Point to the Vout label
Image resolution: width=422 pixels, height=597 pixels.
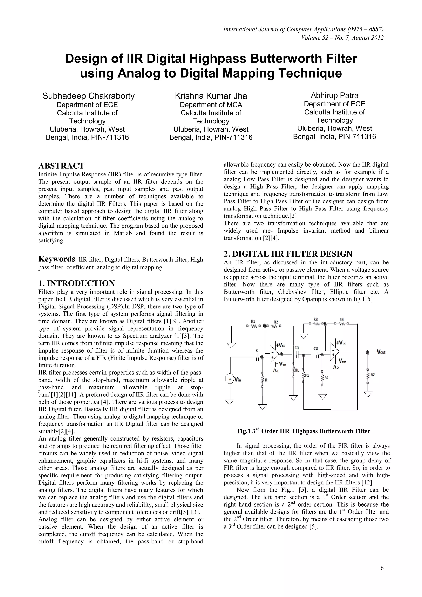[x=381, y=352]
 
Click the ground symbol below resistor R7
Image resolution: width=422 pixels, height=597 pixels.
[x=368, y=394]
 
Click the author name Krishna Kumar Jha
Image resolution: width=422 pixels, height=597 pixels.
[x=211, y=96]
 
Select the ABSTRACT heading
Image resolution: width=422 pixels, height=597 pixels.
[x=61, y=166]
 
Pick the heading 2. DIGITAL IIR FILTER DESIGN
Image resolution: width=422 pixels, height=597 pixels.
[x=288, y=254]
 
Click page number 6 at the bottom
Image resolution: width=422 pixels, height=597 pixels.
[x=382, y=568]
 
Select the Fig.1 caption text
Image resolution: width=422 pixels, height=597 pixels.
[x=303, y=431]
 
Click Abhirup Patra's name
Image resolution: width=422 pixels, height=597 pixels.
[x=334, y=95]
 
